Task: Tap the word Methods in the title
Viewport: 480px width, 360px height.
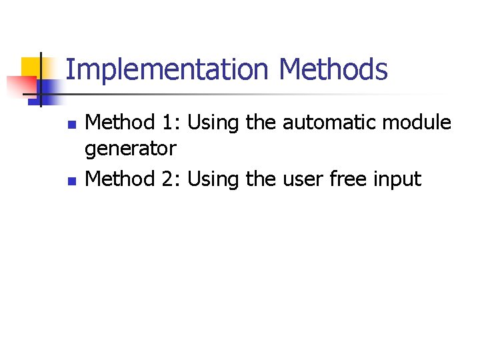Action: (333, 70)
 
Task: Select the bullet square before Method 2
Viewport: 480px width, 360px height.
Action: (73, 181)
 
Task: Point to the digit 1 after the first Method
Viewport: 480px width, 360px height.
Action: (167, 123)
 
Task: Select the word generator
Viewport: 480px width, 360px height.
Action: (131, 149)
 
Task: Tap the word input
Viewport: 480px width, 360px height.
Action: (399, 179)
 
